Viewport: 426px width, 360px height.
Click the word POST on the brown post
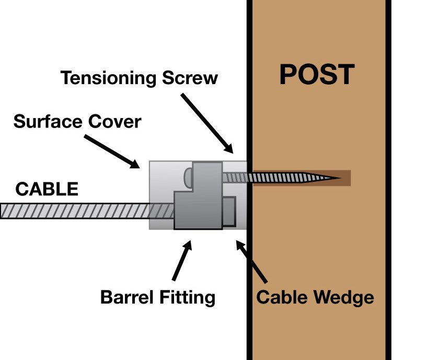click(x=317, y=75)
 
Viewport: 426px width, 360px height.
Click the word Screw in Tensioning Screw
click(x=191, y=78)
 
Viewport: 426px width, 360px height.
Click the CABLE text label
click(x=47, y=189)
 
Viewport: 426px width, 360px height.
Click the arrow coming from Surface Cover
click(x=111, y=151)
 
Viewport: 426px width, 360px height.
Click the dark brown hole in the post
click(x=345, y=178)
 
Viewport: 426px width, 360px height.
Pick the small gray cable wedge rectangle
click(x=229, y=212)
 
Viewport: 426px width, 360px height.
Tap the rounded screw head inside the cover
click(x=187, y=178)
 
